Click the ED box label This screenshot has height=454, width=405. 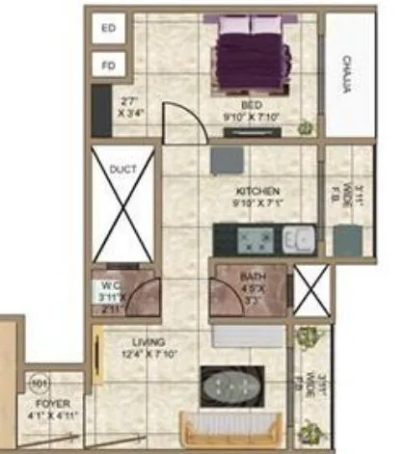(108, 30)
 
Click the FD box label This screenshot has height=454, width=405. (108, 67)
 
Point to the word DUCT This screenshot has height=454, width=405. (122, 170)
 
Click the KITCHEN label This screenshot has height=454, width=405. (257, 192)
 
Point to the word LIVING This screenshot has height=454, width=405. (149, 342)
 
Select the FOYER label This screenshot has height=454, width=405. (48, 405)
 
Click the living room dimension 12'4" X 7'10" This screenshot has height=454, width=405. (150, 355)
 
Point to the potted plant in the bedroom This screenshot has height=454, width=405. (306, 126)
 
